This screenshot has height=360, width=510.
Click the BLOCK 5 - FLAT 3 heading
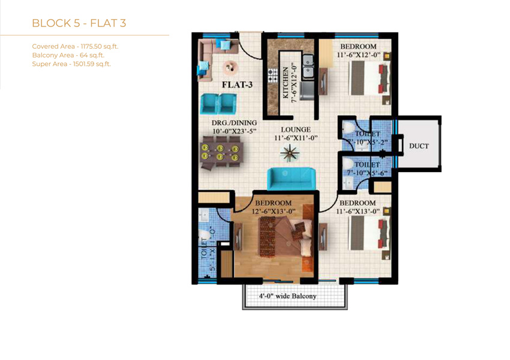point(79,23)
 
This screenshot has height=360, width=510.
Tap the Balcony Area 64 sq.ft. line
point(68,55)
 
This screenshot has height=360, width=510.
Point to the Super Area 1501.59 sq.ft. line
point(71,64)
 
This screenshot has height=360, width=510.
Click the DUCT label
point(419,146)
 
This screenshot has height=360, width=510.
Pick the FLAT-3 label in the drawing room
point(238,85)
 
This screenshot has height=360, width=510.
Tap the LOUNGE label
point(296,130)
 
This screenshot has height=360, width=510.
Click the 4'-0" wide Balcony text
point(287,296)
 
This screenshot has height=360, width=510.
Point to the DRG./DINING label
point(234,122)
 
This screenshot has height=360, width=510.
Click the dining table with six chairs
point(220,153)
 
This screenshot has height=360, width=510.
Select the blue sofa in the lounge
point(291,178)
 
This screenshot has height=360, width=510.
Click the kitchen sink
point(308,66)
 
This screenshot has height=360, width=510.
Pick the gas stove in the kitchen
point(272,74)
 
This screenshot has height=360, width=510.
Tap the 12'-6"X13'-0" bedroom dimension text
point(274,211)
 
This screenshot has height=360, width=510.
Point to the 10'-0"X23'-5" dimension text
point(234,131)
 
